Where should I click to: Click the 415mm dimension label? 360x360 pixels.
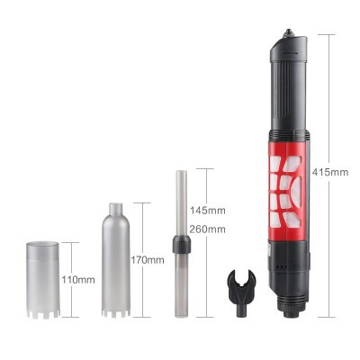click(330, 173)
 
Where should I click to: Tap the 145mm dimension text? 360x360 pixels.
click(208, 211)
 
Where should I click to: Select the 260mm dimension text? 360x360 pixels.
click(207, 229)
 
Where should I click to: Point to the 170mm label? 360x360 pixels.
click(148, 260)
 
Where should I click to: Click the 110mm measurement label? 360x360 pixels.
click(78, 280)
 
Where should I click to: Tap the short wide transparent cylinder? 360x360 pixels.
click(42, 280)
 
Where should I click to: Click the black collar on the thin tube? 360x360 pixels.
click(182, 244)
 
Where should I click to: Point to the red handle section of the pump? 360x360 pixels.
click(287, 192)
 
